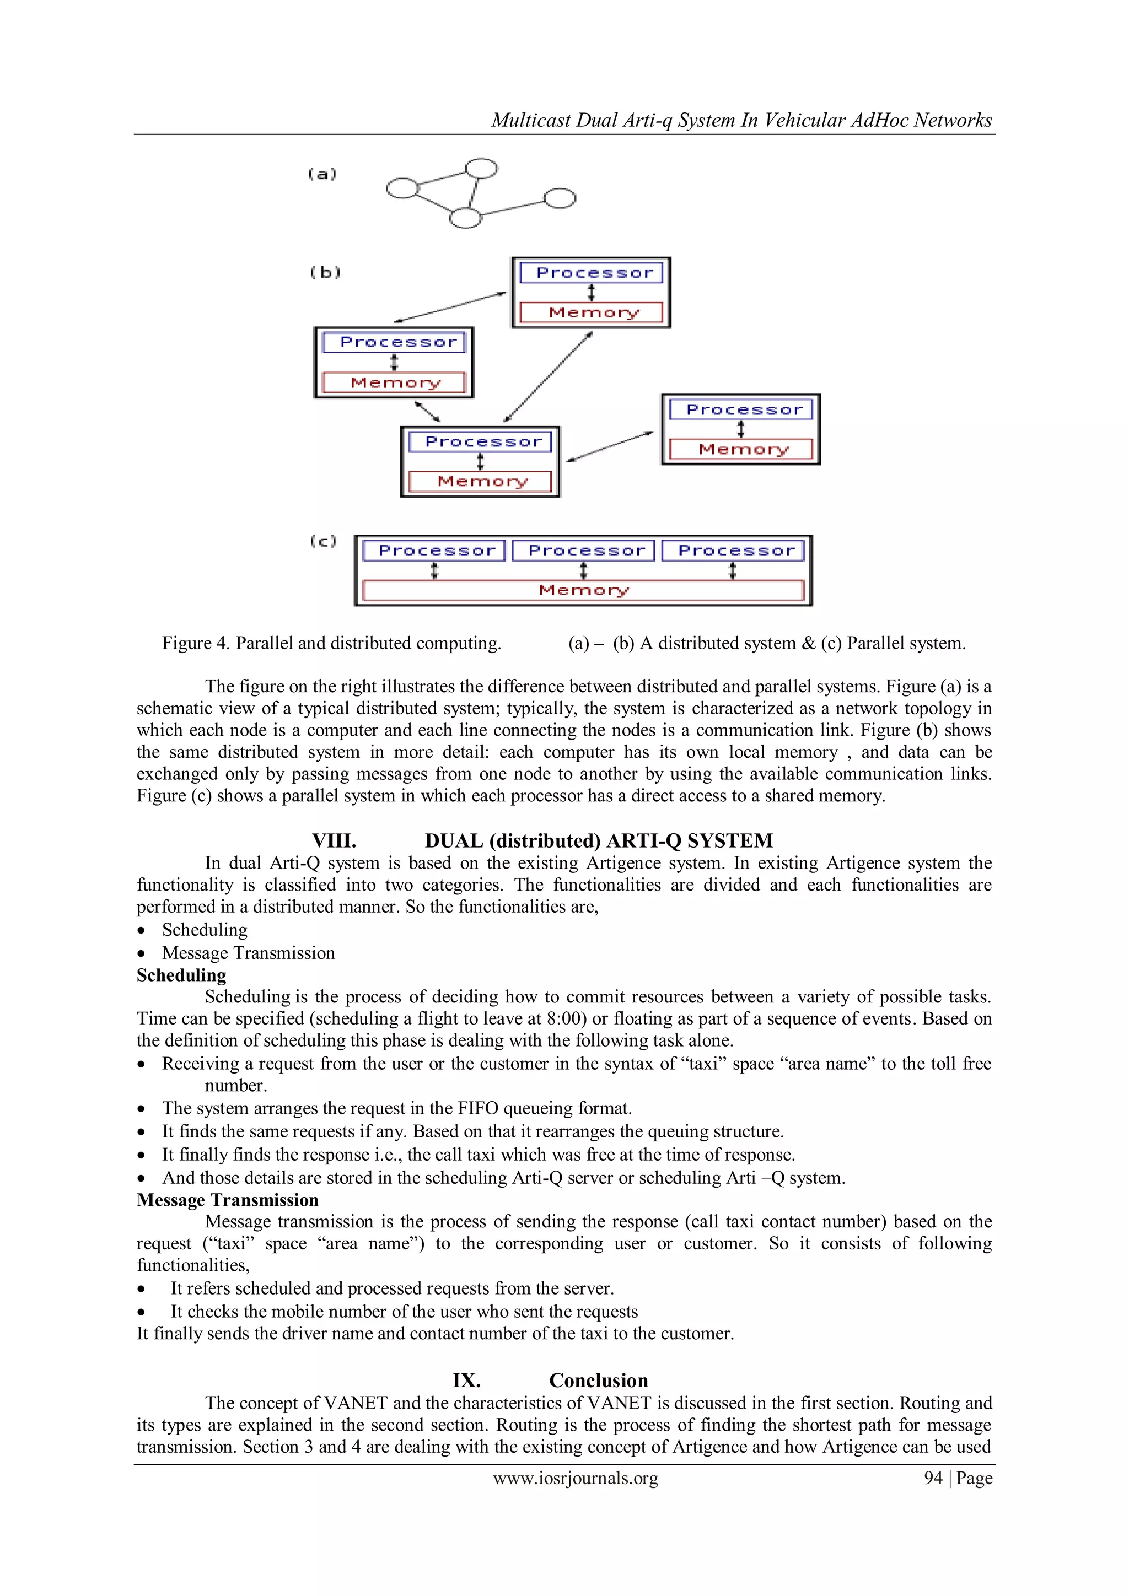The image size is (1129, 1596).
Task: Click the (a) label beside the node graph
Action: (x=322, y=174)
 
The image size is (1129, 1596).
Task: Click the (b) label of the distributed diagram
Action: (x=325, y=272)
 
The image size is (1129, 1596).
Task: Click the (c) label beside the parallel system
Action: (x=323, y=541)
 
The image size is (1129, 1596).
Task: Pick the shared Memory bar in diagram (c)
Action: (x=583, y=590)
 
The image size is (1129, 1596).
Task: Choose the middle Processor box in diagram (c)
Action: (x=584, y=551)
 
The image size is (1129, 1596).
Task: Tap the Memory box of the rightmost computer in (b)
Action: (x=741, y=450)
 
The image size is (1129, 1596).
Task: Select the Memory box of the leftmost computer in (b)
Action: (x=394, y=383)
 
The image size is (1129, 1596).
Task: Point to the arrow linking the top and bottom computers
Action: (x=549, y=377)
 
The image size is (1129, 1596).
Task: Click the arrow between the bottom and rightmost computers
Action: (x=610, y=446)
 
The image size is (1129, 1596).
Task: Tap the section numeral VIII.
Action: (x=334, y=841)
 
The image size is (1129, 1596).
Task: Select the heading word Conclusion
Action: (x=598, y=1381)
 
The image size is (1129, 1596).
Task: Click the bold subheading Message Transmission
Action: (x=227, y=1200)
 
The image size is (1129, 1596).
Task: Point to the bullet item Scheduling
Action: (x=205, y=930)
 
